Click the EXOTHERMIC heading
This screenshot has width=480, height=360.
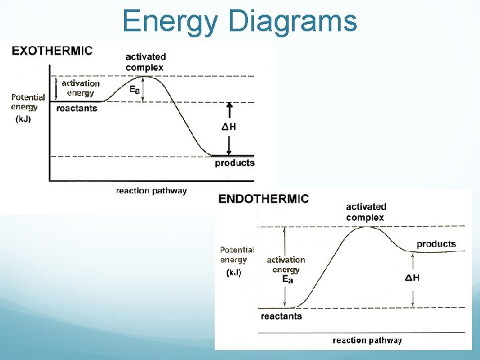click(x=52, y=50)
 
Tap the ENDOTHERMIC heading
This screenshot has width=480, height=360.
click(x=264, y=198)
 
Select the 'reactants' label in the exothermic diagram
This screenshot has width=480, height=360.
click(x=77, y=108)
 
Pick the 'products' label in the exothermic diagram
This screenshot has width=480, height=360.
click(x=234, y=163)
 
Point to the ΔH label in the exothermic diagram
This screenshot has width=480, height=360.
click(x=228, y=127)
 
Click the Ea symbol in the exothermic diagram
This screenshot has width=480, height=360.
click(x=135, y=89)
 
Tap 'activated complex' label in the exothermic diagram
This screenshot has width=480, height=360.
click(x=145, y=62)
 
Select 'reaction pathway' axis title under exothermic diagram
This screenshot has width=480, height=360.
click(x=151, y=191)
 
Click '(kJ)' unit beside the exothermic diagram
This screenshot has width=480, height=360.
click(x=23, y=119)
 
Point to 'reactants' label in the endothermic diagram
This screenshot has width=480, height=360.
click(x=281, y=316)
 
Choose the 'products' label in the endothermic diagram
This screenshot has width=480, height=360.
click(x=436, y=243)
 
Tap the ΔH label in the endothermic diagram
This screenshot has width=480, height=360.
click(x=412, y=277)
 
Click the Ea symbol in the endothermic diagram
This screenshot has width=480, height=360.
click(x=287, y=280)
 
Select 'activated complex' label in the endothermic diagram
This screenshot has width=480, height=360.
click(x=365, y=212)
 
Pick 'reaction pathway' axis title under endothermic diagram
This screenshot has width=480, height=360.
click(x=367, y=340)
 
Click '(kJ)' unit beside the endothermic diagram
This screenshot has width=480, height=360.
click(x=233, y=273)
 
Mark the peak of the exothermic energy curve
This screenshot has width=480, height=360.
click(x=152, y=77)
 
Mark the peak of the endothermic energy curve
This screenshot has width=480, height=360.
click(x=365, y=227)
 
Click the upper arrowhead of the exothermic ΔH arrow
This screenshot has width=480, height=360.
click(x=229, y=105)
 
